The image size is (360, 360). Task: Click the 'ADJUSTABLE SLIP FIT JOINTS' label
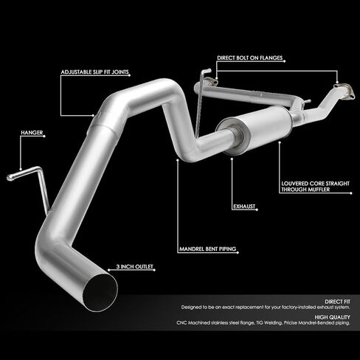pos(94,72)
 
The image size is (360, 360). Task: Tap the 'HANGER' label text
pos(32,133)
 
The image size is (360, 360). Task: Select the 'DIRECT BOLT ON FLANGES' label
pos(250,58)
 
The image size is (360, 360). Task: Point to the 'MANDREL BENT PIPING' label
pos(207,249)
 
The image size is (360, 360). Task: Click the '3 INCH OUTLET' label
pos(134,266)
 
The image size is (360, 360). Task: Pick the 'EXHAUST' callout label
pos(244,207)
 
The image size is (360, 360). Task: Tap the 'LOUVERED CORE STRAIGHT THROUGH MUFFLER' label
pos(315,187)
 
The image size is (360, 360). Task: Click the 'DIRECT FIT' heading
pos(337,302)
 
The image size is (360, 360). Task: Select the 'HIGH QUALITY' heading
pos(332,317)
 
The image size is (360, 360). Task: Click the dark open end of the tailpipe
pos(100,293)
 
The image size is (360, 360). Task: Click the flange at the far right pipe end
pos(345,90)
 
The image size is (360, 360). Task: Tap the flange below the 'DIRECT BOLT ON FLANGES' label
pos(210,82)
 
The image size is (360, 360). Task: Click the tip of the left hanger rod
pos(10,178)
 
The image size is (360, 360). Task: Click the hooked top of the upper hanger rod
pos(206,72)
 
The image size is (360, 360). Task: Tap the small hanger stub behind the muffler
pos(307,101)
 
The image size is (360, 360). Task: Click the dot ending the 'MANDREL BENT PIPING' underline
pos(238,252)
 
